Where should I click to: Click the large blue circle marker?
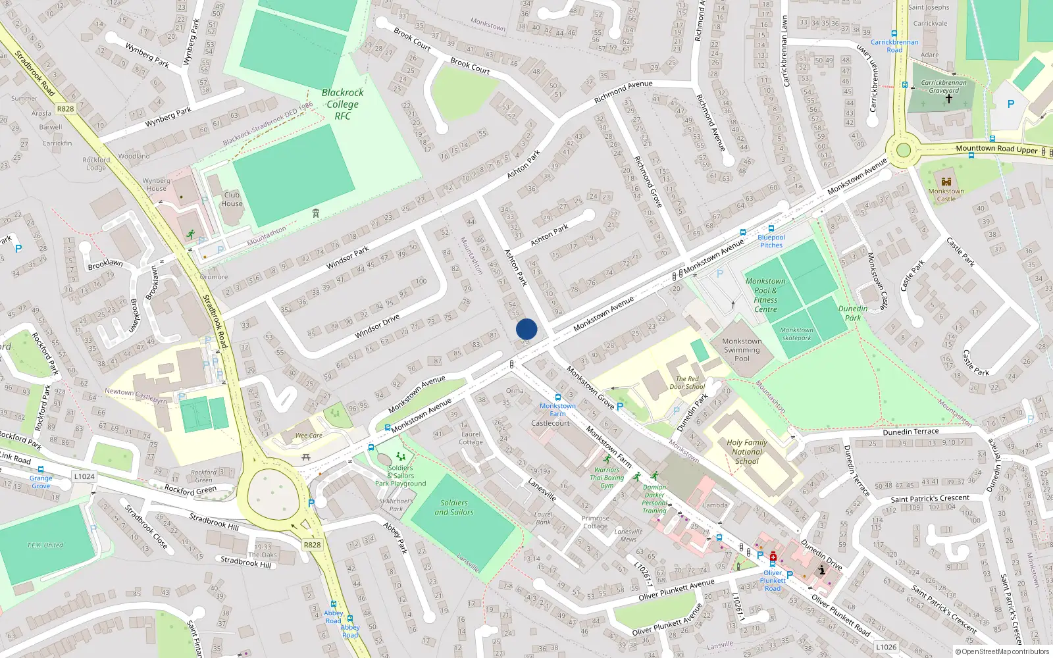tap(526, 329)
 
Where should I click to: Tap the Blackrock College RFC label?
tap(342, 104)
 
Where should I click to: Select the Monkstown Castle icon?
tap(946, 181)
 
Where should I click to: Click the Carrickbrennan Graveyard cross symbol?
tap(948, 99)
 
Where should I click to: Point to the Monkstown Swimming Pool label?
tap(742, 350)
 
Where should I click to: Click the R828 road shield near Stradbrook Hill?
tap(312, 545)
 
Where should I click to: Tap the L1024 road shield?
tap(84, 476)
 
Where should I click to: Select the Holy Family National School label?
tap(747, 452)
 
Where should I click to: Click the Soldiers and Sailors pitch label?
tap(454, 507)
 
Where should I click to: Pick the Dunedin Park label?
tap(852, 313)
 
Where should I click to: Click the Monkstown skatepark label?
tap(796, 334)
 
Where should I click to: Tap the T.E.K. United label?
tap(45, 545)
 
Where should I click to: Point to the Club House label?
tap(232, 199)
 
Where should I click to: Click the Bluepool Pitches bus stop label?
tap(771, 241)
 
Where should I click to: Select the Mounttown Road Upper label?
tap(996, 149)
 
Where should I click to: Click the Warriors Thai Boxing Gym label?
tap(608, 478)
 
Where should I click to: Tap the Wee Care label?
tap(309, 436)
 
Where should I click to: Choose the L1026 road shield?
tap(886, 647)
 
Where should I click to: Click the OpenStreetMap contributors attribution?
tap(1002, 652)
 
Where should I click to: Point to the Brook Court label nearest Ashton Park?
tap(470, 66)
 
